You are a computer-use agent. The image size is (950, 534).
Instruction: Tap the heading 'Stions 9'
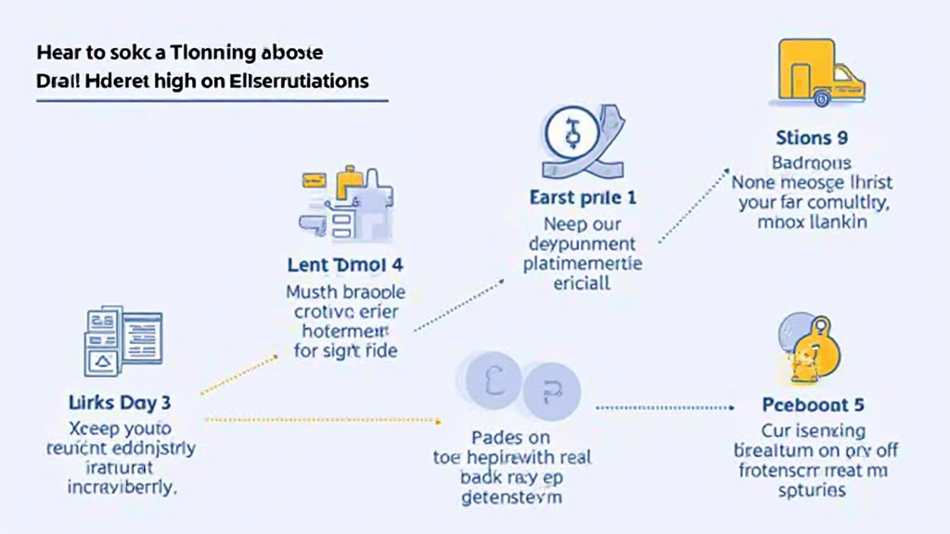click(x=812, y=139)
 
